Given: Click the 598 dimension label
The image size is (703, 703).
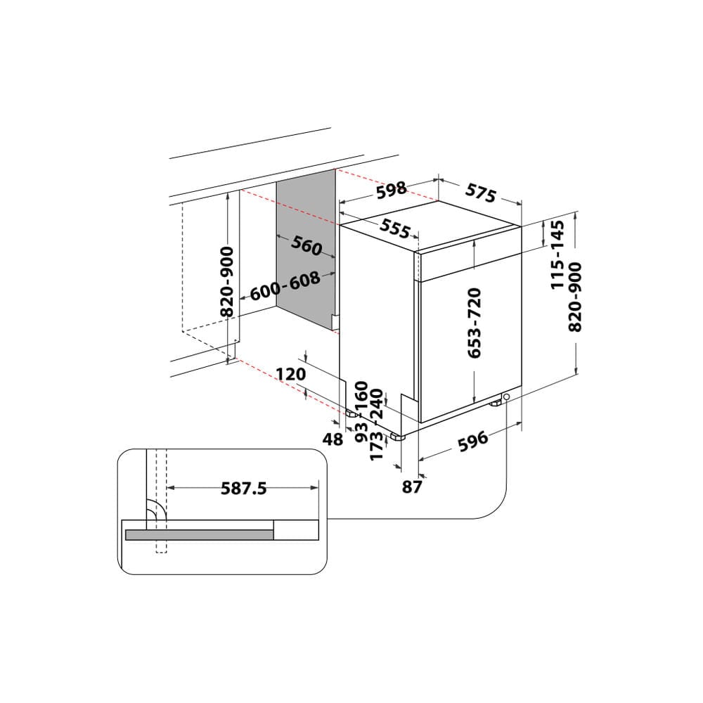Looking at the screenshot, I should coord(392,189).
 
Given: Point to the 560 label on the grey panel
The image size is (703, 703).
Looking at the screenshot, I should coord(307,245).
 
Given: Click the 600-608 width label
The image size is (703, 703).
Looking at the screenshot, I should coord(285,285).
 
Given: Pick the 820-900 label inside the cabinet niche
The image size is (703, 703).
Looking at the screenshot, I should coord(227,281).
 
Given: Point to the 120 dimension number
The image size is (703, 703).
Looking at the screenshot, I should coord(290,374).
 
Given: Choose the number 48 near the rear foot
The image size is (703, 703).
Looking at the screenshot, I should coord(333,439).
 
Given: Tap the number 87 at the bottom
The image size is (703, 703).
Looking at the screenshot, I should coord(411,486).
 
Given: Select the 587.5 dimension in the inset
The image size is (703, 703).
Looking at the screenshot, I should coord(243,488).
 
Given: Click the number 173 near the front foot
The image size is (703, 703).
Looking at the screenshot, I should coord(376,446).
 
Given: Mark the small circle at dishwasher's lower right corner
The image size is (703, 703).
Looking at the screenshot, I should coord(506,398).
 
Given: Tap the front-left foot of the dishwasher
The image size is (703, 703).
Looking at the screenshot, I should coord(399,437).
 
